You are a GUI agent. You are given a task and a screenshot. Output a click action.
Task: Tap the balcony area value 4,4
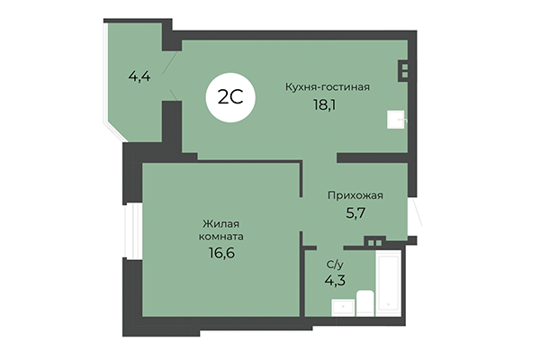(x=139, y=76)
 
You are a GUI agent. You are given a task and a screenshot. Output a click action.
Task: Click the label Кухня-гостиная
(x=328, y=86)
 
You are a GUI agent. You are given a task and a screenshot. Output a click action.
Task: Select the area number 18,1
(x=327, y=105)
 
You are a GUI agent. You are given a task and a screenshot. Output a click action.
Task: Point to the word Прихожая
(x=355, y=194)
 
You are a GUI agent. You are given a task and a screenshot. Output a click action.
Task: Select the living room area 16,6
(x=221, y=254)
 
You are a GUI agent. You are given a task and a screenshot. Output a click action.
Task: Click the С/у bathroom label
(x=333, y=265)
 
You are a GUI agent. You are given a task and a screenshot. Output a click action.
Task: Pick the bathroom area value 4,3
(x=334, y=280)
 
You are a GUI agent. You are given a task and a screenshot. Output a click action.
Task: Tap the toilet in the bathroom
(x=364, y=304)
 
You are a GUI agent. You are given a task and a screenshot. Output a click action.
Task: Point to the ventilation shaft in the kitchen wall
(x=405, y=68)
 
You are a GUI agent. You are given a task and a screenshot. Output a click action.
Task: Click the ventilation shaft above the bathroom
(x=375, y=239)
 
